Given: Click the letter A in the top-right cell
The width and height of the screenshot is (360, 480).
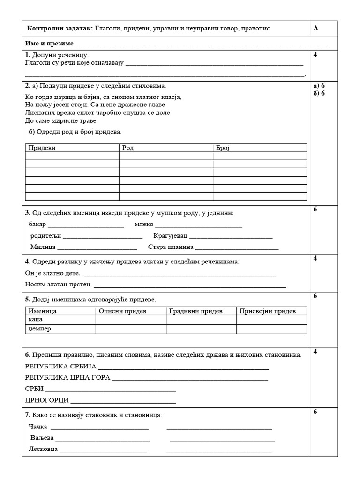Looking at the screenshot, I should click(x=316, y=29).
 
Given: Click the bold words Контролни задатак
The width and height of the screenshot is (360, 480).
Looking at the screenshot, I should click(x=60, y=29).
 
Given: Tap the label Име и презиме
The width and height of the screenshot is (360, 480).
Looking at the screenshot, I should click(x=49, y=43).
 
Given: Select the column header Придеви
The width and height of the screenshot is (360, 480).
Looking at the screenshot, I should click(x=42, y=148).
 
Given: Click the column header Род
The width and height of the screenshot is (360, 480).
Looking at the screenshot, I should click(x=128, y=148).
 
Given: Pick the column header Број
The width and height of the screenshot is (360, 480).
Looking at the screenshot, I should click(x=223, y=148).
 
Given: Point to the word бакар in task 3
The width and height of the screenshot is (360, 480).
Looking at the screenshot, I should click(x=37, y=224).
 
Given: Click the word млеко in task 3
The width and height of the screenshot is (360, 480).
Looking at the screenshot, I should click(x=144, y=224).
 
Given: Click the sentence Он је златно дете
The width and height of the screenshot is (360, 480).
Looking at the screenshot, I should click(x=52, y=273).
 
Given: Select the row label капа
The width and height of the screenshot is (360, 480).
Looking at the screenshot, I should click(x=35, y=319).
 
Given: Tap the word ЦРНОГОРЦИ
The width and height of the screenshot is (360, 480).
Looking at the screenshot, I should click(x=47, y=400).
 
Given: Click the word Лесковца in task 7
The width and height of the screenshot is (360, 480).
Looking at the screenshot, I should click(x=43, y=449).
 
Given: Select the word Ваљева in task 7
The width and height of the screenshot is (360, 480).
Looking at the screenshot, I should click(x=42, y=438).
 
